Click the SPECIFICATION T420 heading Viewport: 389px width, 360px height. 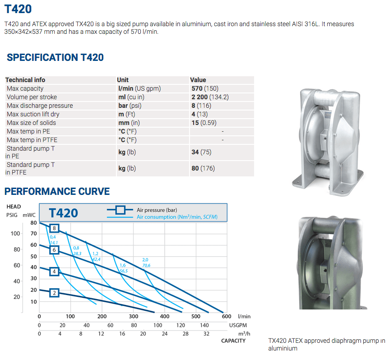click(55, 57)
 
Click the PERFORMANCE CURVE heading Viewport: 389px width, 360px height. click(57, 191)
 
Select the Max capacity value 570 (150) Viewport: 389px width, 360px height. click(205, 88)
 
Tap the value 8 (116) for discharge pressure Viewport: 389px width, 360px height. click(201, 106)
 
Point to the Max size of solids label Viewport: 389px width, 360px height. click(31, 123)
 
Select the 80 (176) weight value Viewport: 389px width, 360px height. click(203, 168)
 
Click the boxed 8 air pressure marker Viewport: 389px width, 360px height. click(54, 228)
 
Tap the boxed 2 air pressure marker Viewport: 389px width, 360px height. click(54, 293)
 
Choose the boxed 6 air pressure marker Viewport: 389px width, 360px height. click(54, 250)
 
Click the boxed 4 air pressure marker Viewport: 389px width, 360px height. click(54, 272)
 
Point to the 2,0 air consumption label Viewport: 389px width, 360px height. click(145, 260)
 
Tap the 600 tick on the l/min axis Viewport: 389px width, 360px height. click(227, 317)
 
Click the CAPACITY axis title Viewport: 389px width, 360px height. click(233, 341)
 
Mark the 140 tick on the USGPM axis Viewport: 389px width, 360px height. click(204, 325)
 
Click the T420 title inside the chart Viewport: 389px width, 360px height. click(64, 213)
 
